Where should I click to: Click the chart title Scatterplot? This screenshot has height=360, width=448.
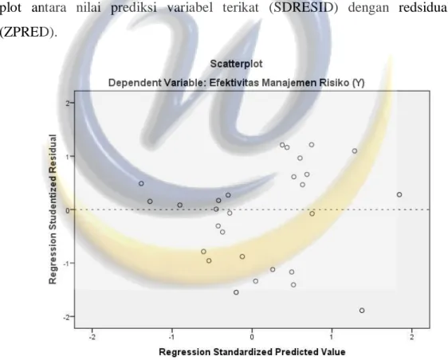(236, 64)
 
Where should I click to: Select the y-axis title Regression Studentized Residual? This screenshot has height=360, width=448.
(53, 209)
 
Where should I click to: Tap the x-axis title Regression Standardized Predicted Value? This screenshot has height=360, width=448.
(252, 352)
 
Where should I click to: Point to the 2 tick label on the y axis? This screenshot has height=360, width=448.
(68, 103)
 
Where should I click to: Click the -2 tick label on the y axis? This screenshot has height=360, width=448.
(67, 317)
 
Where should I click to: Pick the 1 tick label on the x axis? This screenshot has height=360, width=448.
(332, 337)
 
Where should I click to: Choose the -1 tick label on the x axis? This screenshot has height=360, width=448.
(171, 337)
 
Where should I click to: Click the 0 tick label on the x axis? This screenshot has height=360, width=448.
(252, 337)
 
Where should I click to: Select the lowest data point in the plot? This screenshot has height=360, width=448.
(362, 311)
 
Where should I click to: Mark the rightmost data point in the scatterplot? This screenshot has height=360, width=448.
(399, 194)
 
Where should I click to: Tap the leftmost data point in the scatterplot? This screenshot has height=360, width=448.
(141, 183)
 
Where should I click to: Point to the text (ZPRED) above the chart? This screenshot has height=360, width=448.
(28, 33)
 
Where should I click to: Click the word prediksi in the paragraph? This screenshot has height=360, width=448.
(133, 8)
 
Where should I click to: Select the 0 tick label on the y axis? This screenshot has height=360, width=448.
(68, 210)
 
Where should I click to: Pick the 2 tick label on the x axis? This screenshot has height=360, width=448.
(411, 337)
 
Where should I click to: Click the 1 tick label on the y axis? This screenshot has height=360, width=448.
(68, 156)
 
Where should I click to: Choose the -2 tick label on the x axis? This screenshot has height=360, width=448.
(92, 337)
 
